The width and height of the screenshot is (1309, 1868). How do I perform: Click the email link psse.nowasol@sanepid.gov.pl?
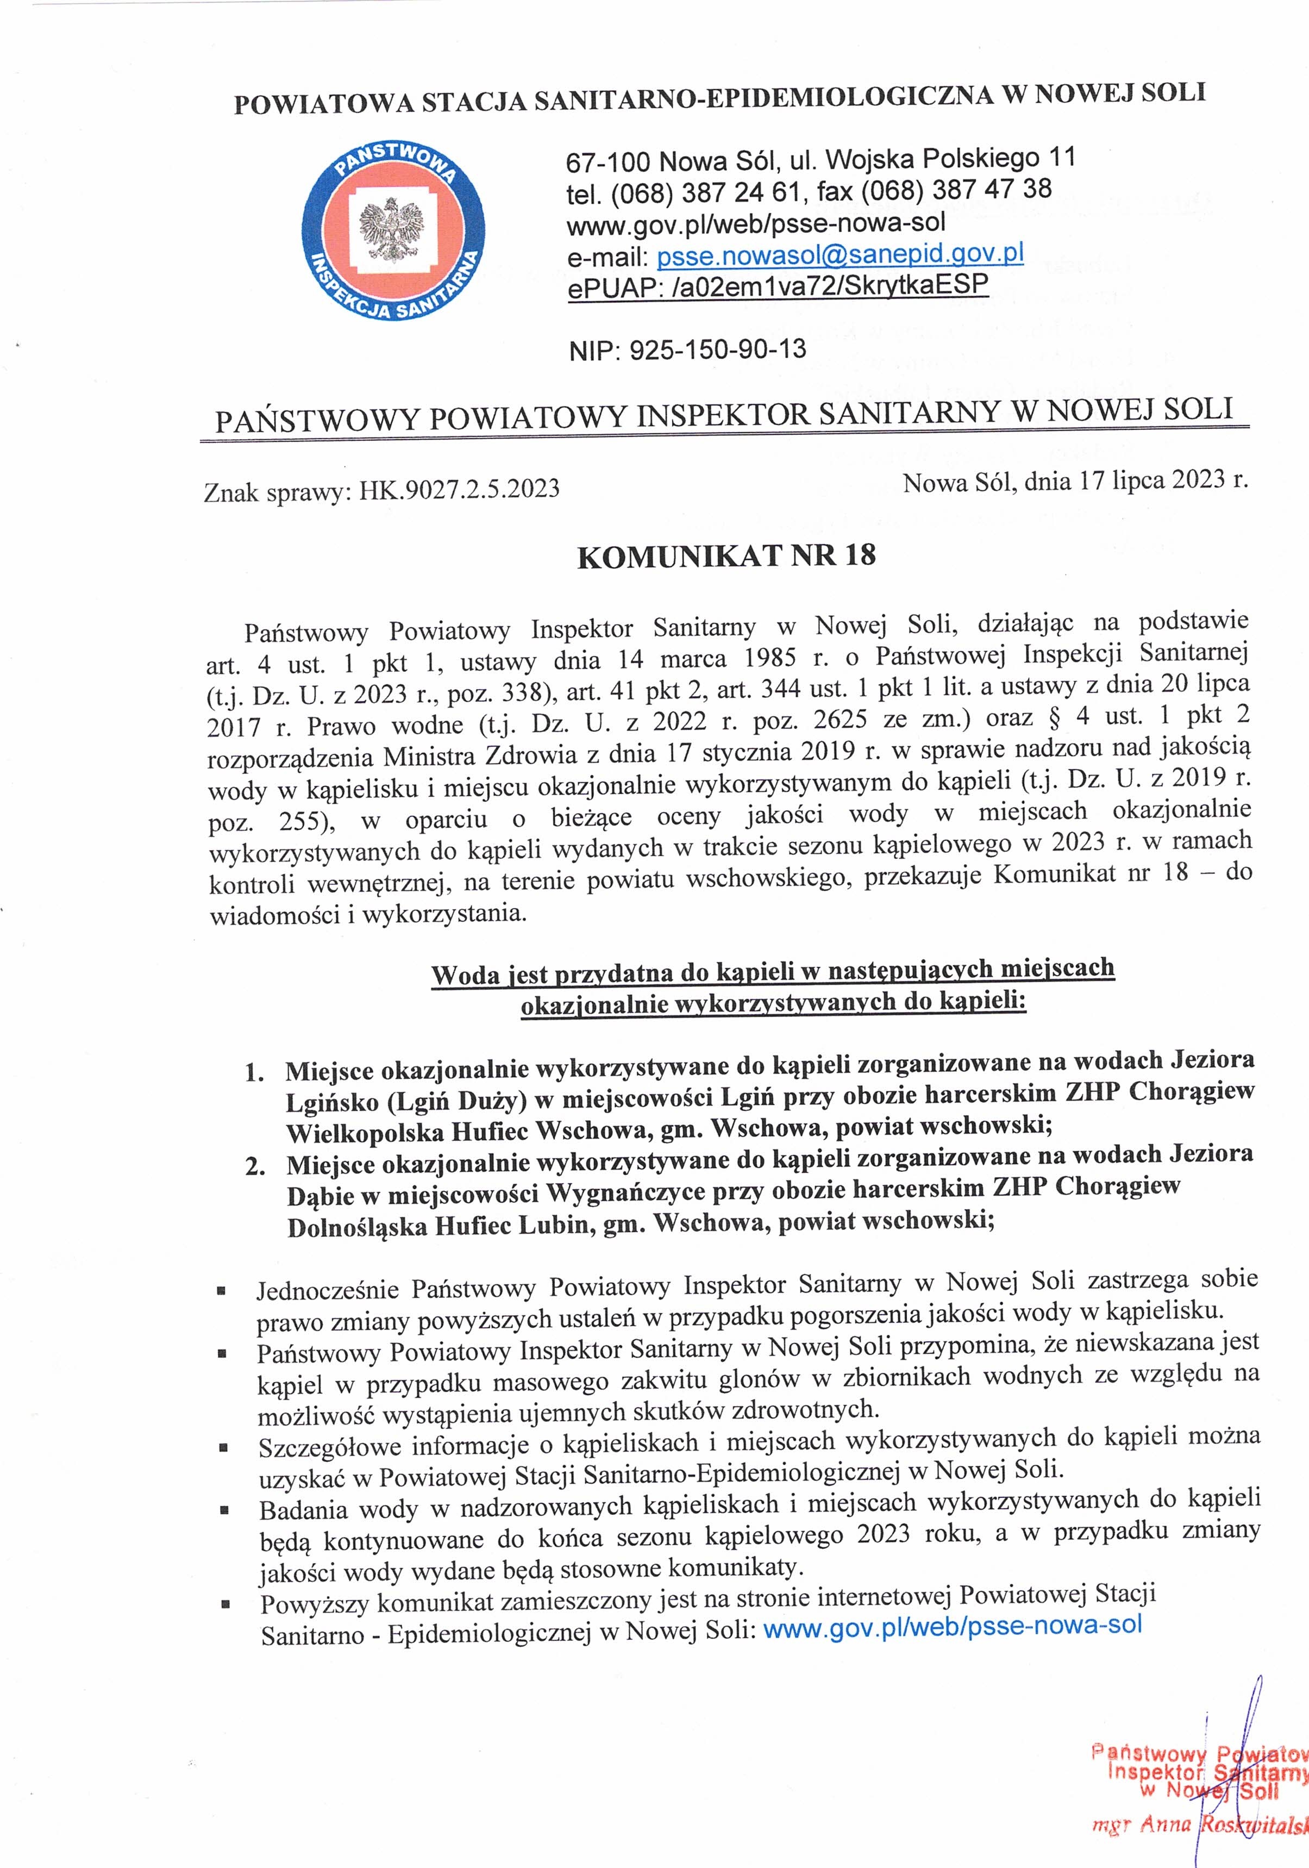(840, 255)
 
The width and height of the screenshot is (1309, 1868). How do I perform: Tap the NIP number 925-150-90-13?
(718, 350)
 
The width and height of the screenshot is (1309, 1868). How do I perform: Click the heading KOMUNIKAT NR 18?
(726, 555)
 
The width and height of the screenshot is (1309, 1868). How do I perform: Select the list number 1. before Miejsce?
(255, 1073)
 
